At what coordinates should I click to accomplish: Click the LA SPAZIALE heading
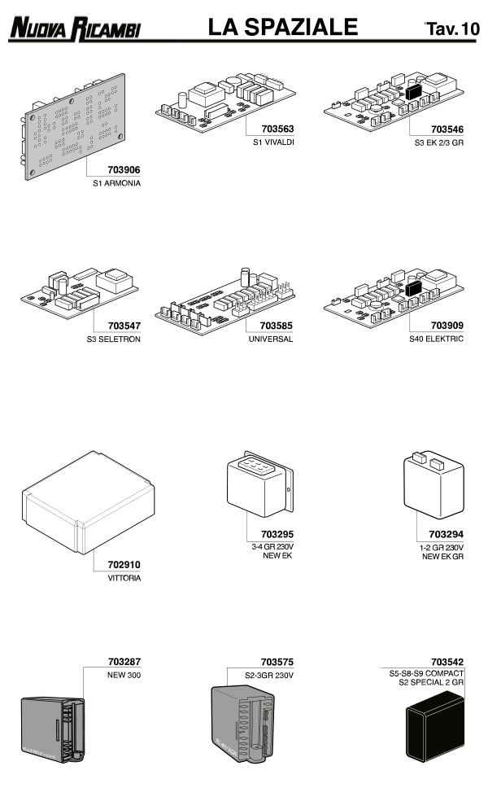(282, 28)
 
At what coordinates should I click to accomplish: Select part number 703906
(124, 171)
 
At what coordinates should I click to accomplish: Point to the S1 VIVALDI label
(273, 142)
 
